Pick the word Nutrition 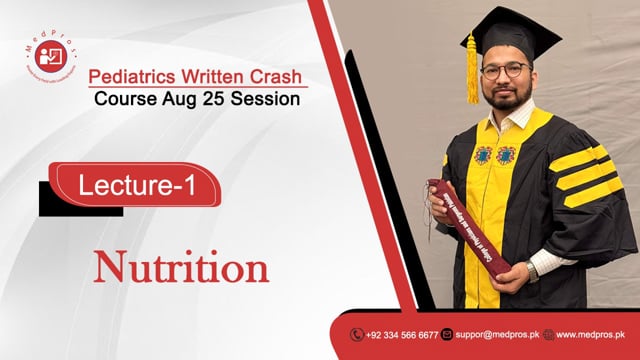coord(182,268)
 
